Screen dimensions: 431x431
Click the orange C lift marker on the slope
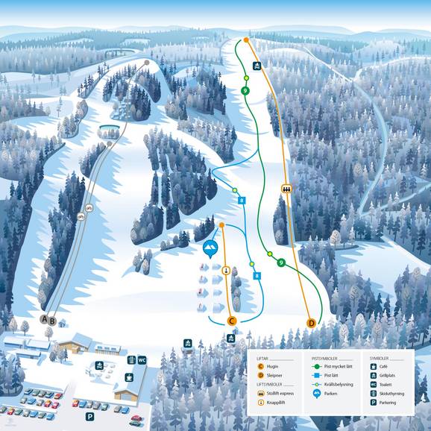(232, 321)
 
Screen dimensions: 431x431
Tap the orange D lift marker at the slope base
(311, 323)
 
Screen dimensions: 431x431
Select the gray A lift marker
(44, 320)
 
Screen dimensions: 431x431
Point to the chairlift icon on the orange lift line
(286, 189)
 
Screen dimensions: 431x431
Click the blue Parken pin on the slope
(210, 248)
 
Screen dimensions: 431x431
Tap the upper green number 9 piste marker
(245, 91)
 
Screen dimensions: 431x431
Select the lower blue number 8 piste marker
(257, 276)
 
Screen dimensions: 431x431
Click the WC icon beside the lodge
(142, 360)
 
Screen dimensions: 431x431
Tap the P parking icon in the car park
(89, 417)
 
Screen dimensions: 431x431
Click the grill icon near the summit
(257, 66)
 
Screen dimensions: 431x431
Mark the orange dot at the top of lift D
(246, 40)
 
